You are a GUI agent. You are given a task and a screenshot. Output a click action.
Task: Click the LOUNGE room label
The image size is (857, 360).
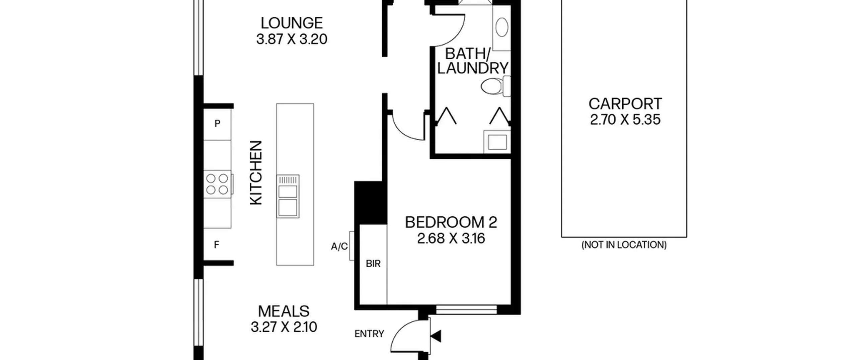point(292,23)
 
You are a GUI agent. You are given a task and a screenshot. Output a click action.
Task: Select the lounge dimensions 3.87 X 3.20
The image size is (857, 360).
point(292,39)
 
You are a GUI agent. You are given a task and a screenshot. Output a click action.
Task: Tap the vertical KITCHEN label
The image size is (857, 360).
point(256,172)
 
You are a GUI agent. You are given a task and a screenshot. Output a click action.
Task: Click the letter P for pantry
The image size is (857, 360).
point(217,124)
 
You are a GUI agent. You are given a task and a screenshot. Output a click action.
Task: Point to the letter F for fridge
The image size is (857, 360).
point(217,245)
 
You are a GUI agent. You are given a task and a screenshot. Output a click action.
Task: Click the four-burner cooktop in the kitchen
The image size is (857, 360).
point(217,184)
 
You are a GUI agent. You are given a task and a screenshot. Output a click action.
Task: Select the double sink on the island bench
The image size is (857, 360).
point(288,196)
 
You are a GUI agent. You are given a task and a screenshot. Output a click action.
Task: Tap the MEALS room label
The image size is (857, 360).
point(284,311)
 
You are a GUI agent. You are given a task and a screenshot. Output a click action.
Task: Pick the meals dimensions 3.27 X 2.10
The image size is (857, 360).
point(284,327)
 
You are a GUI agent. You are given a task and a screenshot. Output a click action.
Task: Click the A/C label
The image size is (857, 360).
point(339,247)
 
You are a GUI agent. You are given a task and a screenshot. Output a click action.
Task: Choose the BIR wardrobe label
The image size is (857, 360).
point(373,264)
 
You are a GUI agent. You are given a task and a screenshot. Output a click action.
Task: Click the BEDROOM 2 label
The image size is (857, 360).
point(451,222)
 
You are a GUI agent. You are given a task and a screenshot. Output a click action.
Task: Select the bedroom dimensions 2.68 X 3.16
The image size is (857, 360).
point(451,238)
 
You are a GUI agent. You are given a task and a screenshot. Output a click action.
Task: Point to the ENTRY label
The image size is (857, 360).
point(369,334)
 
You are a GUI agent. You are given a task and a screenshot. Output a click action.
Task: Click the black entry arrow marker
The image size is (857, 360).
point(436,336)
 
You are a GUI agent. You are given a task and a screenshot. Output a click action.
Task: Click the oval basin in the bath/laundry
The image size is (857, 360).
point(502,27)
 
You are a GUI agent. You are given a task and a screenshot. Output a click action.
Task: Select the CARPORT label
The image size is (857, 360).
point(625,104)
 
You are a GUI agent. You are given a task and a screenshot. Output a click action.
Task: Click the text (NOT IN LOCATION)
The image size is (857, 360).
point(624,245)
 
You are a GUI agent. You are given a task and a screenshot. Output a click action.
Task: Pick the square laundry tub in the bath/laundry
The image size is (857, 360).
point(497,142)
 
